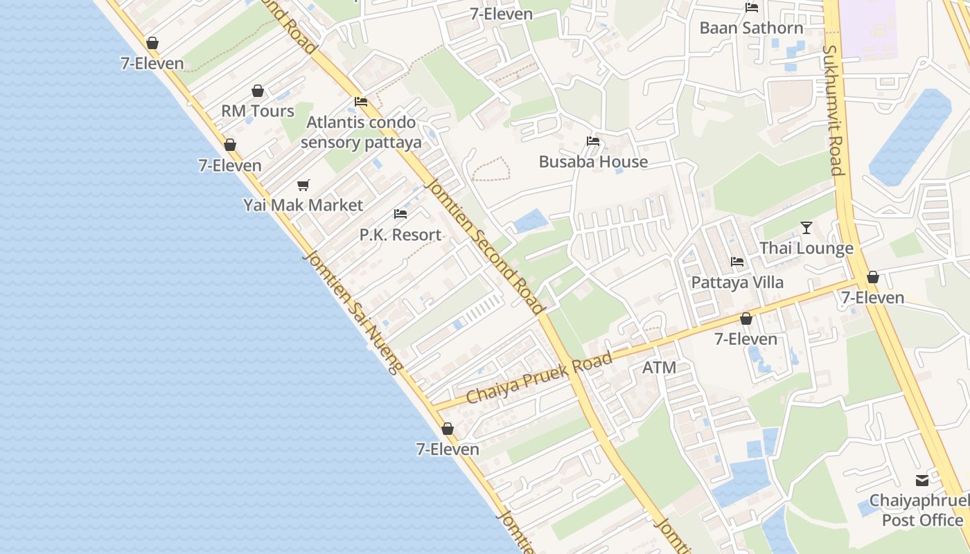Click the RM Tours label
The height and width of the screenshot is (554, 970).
[258, 111]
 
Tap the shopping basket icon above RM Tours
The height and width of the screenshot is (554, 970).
[258, 91]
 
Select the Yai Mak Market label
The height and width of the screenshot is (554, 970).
[303, 205]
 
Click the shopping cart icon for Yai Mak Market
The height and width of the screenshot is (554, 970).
[303, 185]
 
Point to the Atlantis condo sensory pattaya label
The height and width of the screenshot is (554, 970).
[361, 132]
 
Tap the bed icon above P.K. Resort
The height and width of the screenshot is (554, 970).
[400, 214]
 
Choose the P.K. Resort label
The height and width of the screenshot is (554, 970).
[400, 235]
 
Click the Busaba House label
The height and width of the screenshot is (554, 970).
[593, 162]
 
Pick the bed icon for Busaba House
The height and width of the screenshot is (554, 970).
[593, 141]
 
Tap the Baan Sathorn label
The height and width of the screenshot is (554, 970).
[751, 28]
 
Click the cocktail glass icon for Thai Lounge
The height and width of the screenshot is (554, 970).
[806, 228]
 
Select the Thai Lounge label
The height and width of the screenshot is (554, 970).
[806, 248]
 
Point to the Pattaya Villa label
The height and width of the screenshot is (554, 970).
[737, 283]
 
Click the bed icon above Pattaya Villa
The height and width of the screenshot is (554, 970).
[737, 262]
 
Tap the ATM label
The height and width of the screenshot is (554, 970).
[659, 368]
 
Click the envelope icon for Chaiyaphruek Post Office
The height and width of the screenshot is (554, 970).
[922, 481]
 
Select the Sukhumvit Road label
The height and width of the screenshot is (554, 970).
[833, 111]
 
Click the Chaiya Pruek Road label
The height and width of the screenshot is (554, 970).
[539, 378]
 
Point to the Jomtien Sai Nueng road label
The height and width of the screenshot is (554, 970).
[352, 312]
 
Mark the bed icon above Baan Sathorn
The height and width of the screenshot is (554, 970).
[751, 8]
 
